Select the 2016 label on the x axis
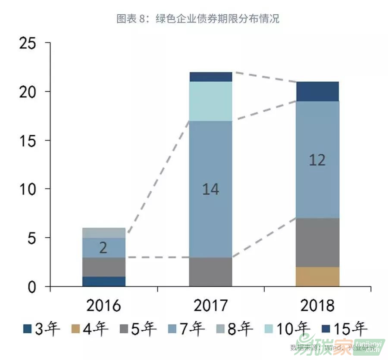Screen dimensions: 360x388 tap(103, 306)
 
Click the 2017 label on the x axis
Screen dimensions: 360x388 tap(210, 306)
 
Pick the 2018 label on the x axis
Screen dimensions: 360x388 tap(317, 306)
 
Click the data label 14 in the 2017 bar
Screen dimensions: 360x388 tap(210, 189)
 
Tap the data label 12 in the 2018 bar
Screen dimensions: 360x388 tap(317, 160)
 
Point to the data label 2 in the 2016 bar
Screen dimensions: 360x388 tap(103, 248)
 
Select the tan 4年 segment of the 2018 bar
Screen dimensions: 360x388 tap(317, 277)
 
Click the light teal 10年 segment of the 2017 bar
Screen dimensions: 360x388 tap(210, 101)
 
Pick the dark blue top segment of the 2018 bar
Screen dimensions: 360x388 tap(317, 91)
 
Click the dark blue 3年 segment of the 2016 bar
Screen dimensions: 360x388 tap(103, 282)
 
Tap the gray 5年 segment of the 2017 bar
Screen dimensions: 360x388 tap(210, 272)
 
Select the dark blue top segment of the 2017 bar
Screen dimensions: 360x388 tap(210, 77)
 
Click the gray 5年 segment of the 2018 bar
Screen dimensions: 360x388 tap(317, 243)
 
